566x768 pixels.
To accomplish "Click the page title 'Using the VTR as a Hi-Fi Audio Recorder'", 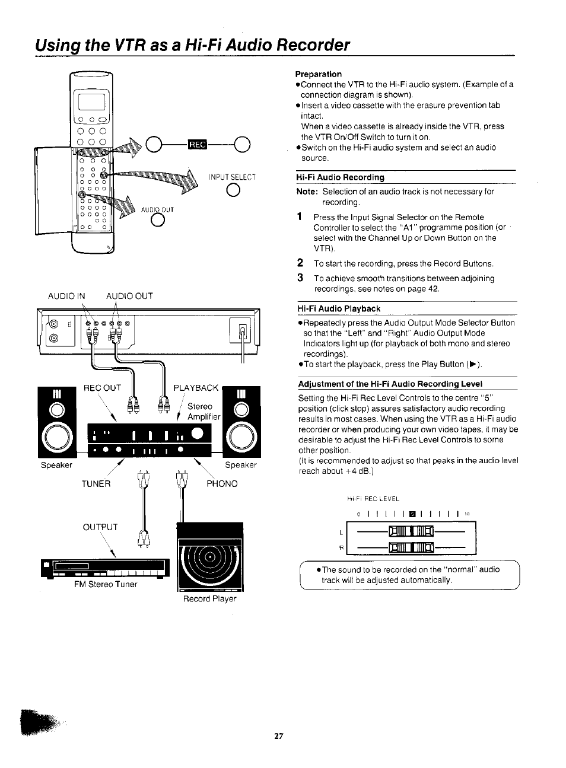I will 192,45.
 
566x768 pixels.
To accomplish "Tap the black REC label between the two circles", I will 195,144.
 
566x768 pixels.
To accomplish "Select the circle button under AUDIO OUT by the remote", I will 157,219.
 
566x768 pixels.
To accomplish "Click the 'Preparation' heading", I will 319,74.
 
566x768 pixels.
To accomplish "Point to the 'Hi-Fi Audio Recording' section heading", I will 341,177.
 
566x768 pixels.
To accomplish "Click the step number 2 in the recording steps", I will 300,263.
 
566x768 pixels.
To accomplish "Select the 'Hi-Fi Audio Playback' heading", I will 339,308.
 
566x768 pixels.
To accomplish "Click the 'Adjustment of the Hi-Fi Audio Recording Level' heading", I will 390,383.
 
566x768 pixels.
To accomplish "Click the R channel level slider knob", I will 411,546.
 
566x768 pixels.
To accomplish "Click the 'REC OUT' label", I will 102,388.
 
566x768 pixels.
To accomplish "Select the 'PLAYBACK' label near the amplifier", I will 196,388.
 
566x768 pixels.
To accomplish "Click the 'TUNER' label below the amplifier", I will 96,484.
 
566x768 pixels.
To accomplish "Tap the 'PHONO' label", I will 222,484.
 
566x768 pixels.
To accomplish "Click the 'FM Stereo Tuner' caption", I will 106,584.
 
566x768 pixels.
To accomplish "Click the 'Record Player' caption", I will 209,599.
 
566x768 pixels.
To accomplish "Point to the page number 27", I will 279,736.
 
